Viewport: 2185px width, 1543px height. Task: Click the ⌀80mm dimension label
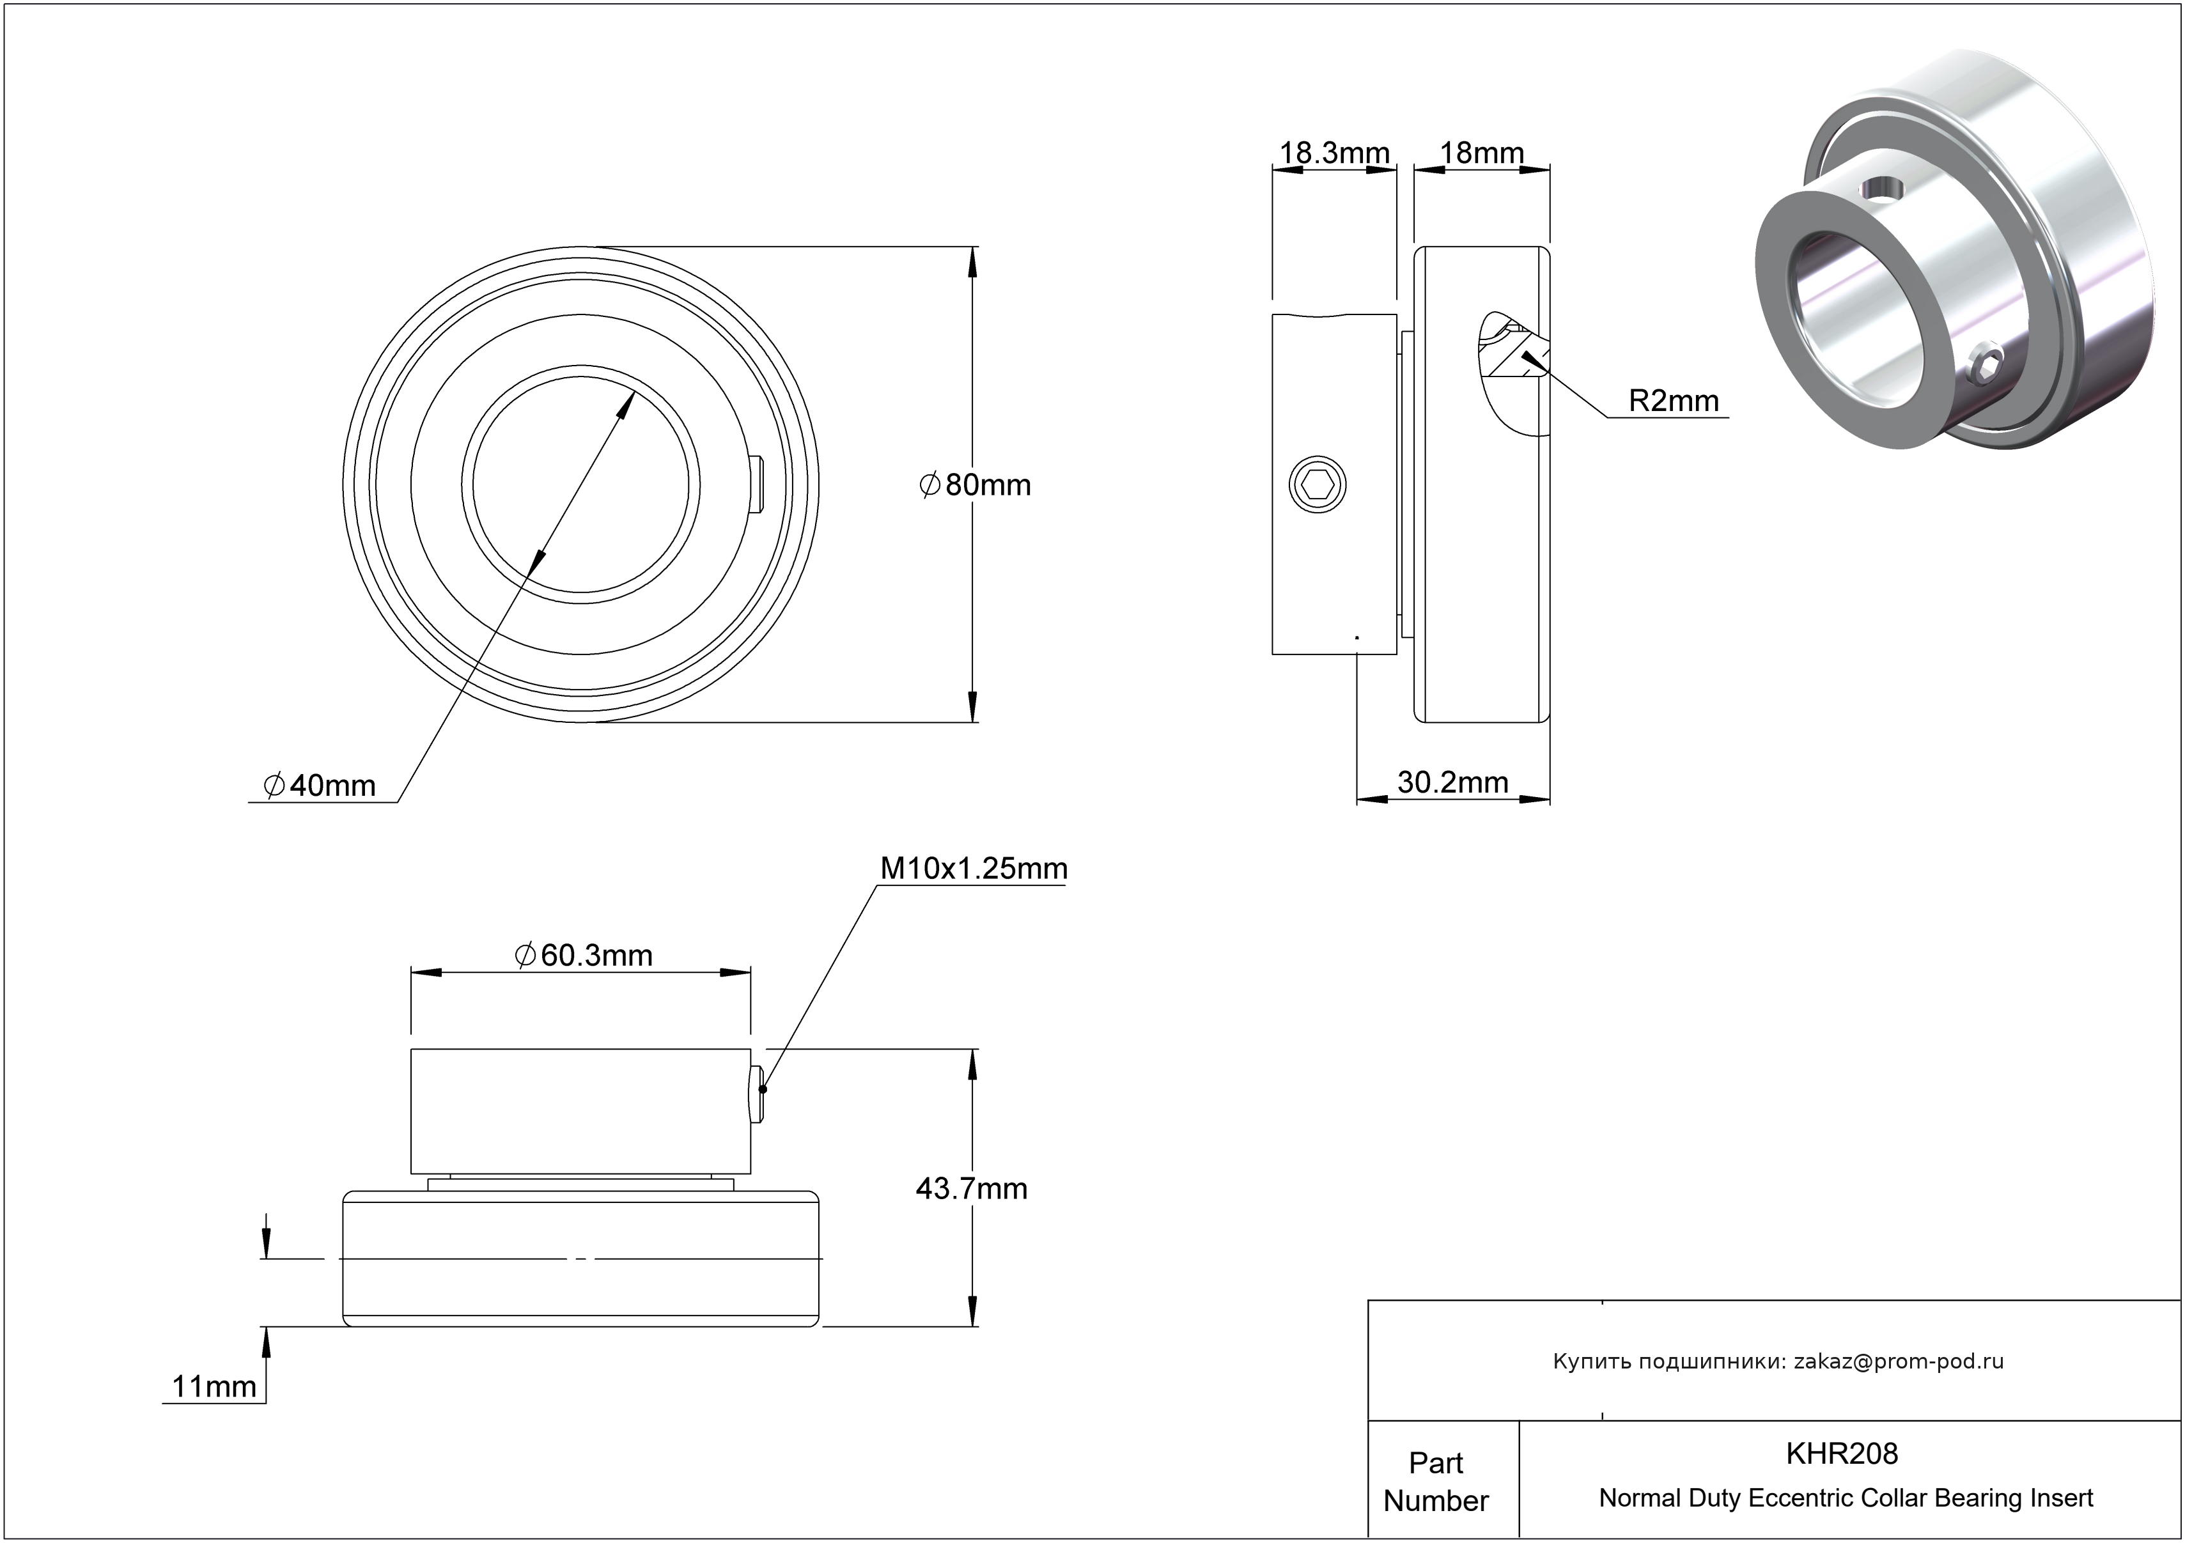pos(976,485)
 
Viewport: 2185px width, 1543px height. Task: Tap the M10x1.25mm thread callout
pos(972,869)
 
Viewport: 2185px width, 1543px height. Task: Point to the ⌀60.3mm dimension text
pos(584,955)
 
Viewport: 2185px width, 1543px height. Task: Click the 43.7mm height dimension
pos(970,1189)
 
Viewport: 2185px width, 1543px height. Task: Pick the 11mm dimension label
pos(214,1387)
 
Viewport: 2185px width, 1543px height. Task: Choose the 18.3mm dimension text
pos(1334,153)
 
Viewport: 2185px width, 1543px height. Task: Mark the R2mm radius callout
pos(1673,401)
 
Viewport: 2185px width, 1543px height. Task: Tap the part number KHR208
pos(1842,1454)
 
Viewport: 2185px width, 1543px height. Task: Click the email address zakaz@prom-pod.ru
pos(1899,1361)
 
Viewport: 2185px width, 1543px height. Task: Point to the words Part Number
pos(1435,1481)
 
